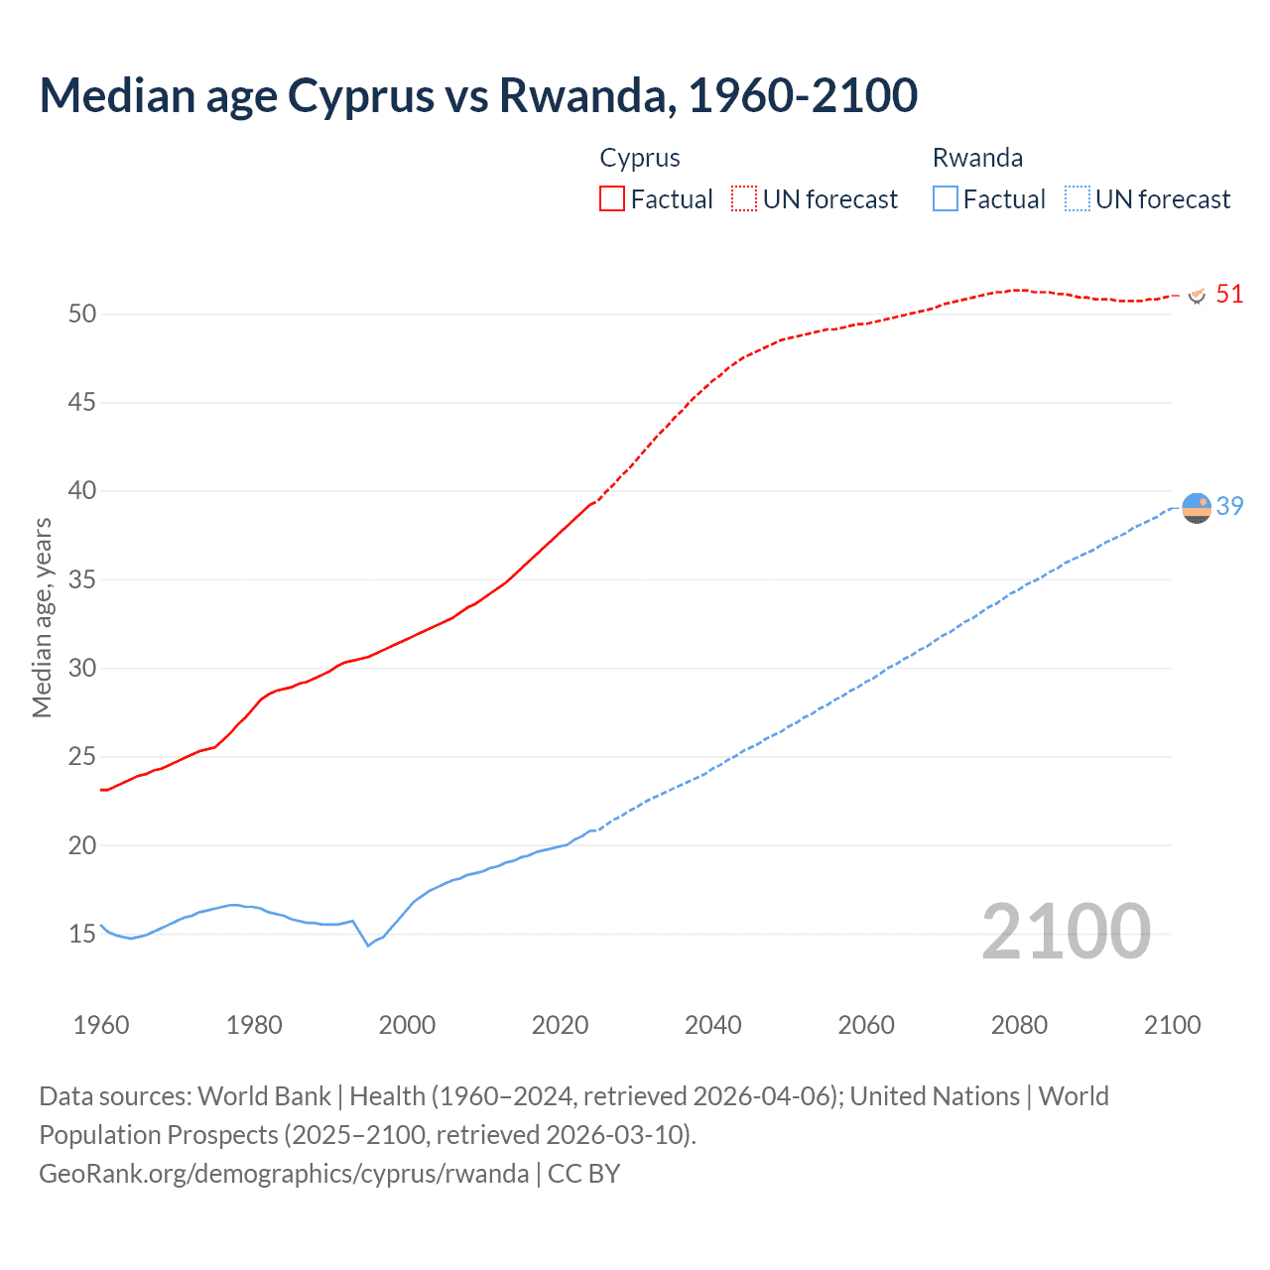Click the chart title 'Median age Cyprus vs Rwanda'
coord(478,95)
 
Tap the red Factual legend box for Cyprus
coord(612,198)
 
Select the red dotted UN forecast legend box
coord(744,198)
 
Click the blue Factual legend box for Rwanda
coord(945,198)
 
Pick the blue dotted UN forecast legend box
coord(1077,198)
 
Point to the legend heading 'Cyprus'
coord(640,158)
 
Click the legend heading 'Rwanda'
coord(977,158)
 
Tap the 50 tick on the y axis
coord(82,315)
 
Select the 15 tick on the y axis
coord(82,935)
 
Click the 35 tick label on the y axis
coord(82,580)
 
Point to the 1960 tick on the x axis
coord(101,1025)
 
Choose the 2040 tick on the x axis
coord(712,1025)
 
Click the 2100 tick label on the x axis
coord(1172,1025)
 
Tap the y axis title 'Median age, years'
coord(42,617)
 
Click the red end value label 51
coord(1229,295)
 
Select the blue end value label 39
coord(1229,507)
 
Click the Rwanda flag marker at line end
coord(1197,507)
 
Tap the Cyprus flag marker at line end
coord(1197,295)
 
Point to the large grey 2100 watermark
coord(1066,933)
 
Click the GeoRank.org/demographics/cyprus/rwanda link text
coord(284,1174)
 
